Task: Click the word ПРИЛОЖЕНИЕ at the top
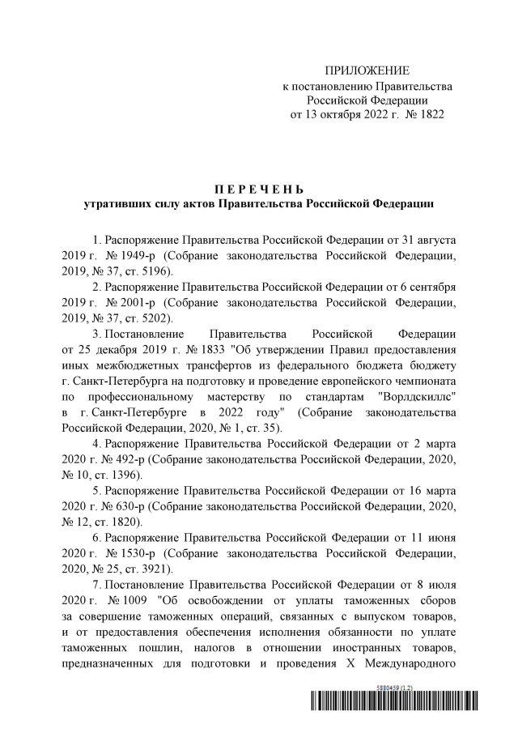pos(367,70)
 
